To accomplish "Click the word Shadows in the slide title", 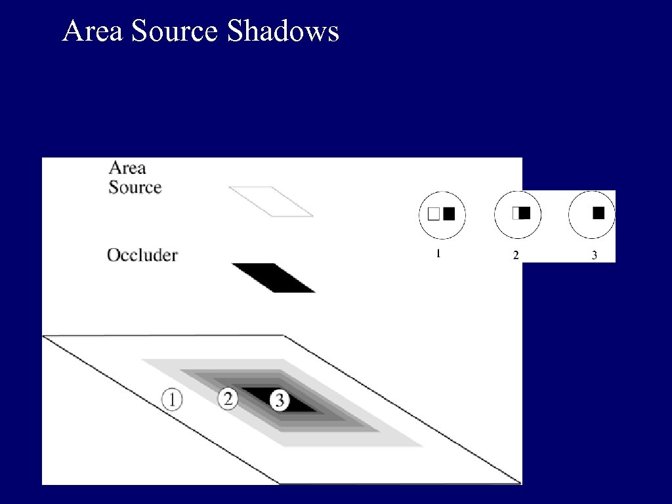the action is (283, 31).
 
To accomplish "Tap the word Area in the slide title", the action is (93, 31).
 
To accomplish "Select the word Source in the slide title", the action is (174, 31).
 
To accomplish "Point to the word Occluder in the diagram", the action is (142, 255).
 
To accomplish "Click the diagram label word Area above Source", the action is (127, 168).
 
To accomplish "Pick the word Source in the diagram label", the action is (135, 187).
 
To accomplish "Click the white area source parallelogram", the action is (270, 201).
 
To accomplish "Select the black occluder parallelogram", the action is (273, 278).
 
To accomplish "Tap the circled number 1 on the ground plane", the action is (171, 399).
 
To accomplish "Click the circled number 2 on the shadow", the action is (228, 398).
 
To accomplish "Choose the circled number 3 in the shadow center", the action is (280, 400).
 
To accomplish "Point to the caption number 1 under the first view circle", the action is (438, 253).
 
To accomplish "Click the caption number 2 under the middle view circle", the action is (515, 255).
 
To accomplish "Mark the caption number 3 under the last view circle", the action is (594, 255).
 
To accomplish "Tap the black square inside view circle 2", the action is (525, 213).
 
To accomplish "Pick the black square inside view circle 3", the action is (598, 213).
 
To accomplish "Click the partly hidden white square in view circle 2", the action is (515, 213).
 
